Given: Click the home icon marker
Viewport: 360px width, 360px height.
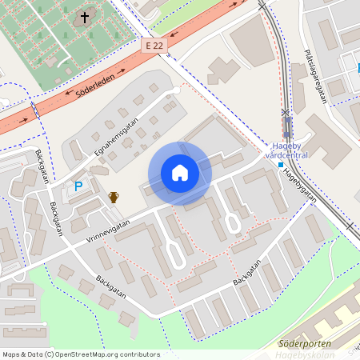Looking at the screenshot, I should [x=180, y=173].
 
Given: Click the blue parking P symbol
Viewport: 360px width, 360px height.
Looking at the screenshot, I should [x=78, y=186].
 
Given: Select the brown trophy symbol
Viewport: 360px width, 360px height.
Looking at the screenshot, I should [x=114, y=196].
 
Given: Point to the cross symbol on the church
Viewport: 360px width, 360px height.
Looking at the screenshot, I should [x=85, y=17].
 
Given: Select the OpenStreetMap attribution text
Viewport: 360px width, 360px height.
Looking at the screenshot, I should [x=80, y=354].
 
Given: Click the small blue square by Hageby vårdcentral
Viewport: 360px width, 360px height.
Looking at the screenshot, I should [x=281, y=164].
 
